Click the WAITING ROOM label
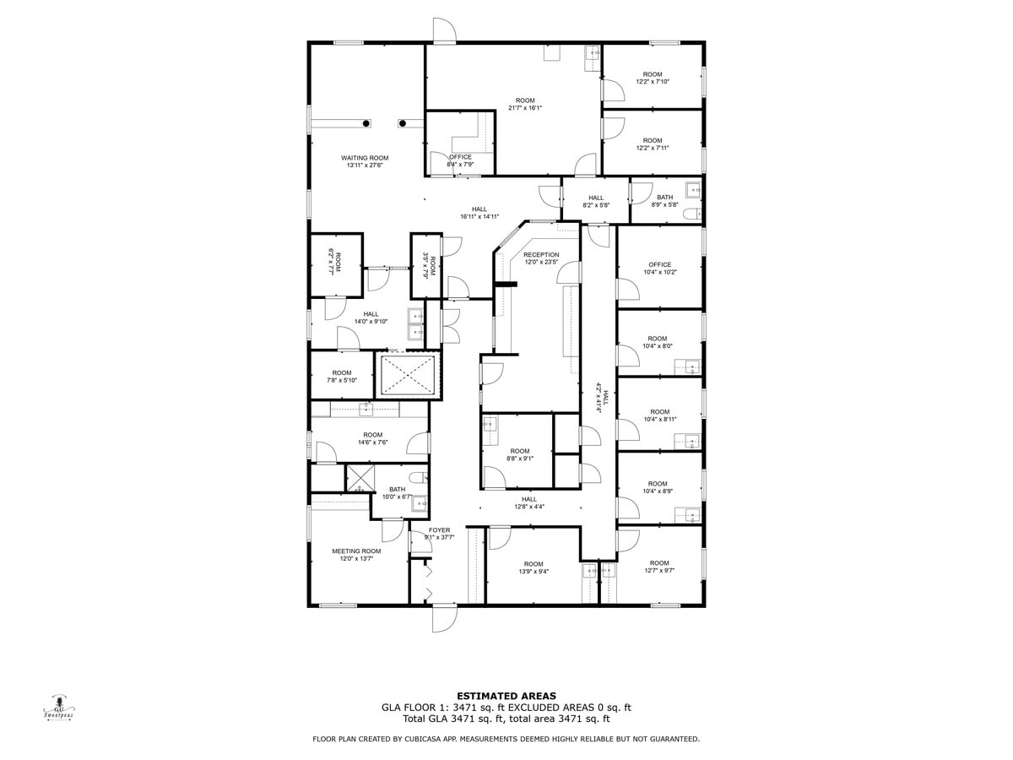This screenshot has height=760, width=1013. (365, 158)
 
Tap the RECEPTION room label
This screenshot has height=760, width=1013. (541, 254)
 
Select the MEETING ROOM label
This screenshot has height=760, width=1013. (356, 551)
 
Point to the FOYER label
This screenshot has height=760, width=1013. (439, 530)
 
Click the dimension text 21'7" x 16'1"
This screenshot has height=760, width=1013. (525, 108)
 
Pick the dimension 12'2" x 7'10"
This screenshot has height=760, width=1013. (653, 82)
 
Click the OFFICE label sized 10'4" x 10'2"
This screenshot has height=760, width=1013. (659, 264)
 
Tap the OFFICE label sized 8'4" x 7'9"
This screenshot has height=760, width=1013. (460, 157)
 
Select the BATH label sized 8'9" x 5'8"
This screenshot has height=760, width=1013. (664, 198)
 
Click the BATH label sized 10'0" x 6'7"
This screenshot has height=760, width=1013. (397, 490)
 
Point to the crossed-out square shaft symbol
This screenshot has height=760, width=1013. (408, 376)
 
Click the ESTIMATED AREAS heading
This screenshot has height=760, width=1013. (506, 696)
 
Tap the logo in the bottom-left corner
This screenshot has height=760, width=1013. (59, 708)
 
